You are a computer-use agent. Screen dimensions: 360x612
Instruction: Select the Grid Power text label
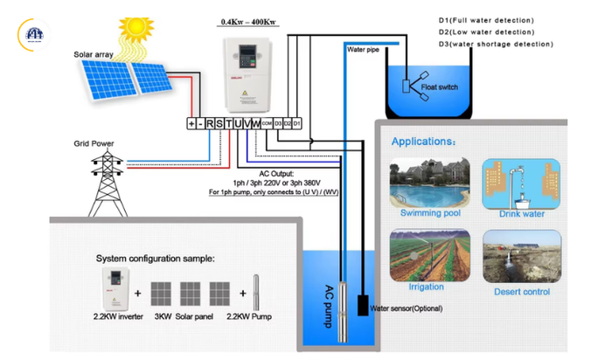93,144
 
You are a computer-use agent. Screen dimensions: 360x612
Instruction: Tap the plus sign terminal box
191,124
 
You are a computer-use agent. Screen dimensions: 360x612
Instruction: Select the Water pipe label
363,51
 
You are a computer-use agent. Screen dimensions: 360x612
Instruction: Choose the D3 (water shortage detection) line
495,43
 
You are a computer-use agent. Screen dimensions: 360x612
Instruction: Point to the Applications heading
423,141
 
